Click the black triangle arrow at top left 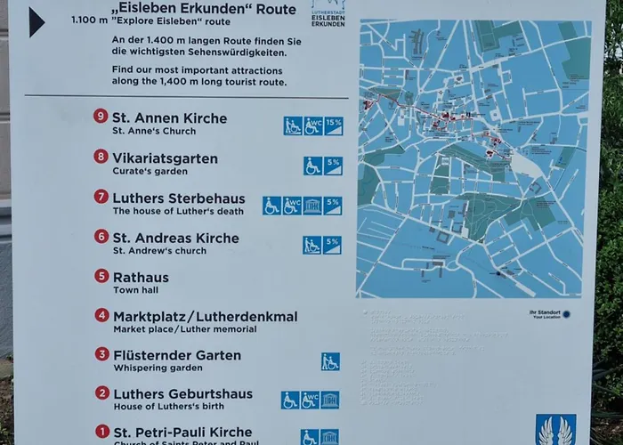coord(36,22)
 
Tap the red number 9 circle coord(101,116)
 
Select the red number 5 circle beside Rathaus coord(101,276)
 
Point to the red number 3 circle coord(101,354)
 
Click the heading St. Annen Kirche coord(169,118)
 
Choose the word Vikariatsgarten coord(165,158)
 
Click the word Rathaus coord(140,277)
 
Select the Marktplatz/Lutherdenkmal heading coord(205,316)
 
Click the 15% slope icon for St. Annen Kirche coord(333,125)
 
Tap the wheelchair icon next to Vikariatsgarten coord(312,166)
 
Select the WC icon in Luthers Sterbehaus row coord(292,206)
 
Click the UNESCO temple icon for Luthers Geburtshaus coord(329,400)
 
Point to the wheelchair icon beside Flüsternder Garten coord(330,361)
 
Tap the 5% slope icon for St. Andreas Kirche coord(332,245)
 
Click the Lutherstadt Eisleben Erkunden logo coord(329,12)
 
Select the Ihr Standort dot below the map coord(566,313)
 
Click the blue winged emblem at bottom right coord(555,429)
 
